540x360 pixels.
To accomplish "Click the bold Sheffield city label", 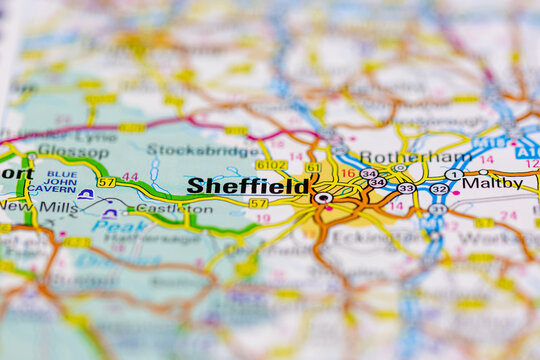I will pos(248,186).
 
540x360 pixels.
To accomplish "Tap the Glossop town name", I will pos(73,151).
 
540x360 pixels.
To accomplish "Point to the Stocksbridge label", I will pos(190,150).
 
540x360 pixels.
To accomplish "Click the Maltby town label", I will pos(492,183).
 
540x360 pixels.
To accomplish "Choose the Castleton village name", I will pos(160,207).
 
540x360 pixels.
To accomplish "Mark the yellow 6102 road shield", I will pos(271,165).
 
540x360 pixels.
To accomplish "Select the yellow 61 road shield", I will pos(313,167).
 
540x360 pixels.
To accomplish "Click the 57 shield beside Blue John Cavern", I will pos(106,182).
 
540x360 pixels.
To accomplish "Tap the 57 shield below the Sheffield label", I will pos(258,203).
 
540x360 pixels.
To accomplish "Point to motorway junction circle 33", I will pos(405,188).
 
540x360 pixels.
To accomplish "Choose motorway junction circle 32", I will pos(439,188).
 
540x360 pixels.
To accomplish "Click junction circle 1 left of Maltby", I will pos(454,175).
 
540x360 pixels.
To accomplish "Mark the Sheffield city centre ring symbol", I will pos(322,198).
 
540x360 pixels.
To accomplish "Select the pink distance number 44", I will pos(130,177).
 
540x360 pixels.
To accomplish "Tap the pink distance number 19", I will pos(263,217).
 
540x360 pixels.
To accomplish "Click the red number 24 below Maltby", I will pos(508,215).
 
